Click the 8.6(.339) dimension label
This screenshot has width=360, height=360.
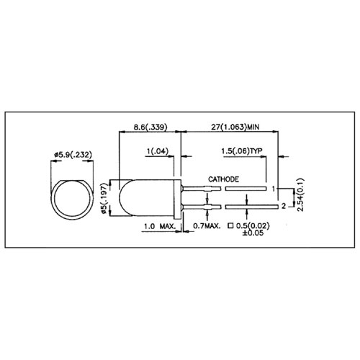pos(150,127)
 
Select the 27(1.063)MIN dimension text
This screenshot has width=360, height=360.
pos(235,127)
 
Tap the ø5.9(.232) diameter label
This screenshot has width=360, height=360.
pos(73,155)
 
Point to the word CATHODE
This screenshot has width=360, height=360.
pos(223,179)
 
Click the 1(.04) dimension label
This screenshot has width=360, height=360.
pos(158,151)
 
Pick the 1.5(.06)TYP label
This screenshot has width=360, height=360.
pos(242,151)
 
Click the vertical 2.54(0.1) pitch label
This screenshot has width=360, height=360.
pos(300,194)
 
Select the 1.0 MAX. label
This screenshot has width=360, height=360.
pos(160,226)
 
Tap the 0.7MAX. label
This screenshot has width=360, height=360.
pos(207,225)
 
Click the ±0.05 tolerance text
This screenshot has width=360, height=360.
pos(253,233)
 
